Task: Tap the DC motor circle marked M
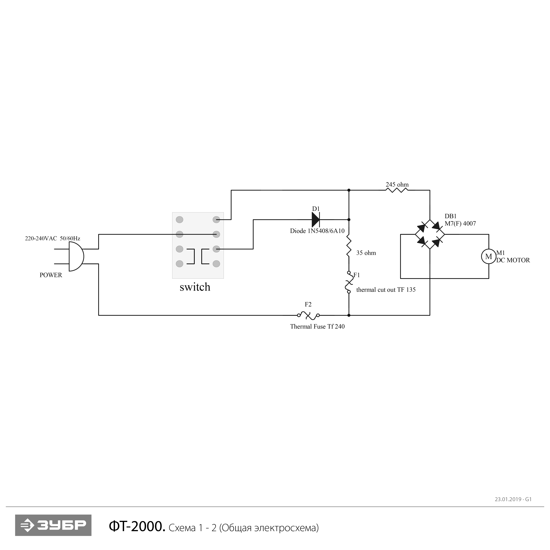[489, 256]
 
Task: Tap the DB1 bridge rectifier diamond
[430, 234]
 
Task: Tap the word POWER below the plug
[51, 275]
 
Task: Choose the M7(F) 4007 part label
[460, 224]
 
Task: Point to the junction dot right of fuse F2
[349, 315]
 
